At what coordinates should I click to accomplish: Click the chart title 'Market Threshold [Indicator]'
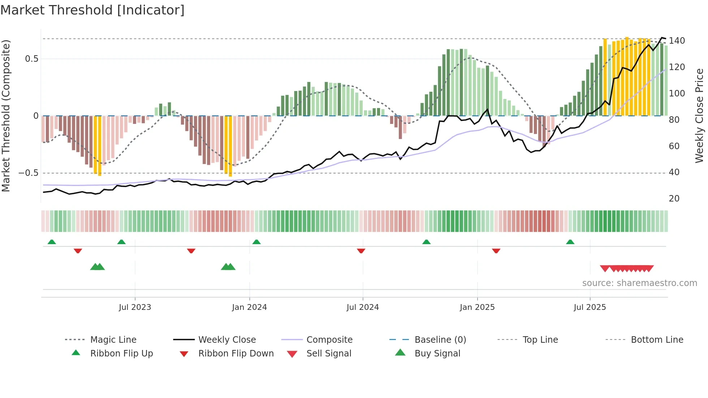coord(92,10)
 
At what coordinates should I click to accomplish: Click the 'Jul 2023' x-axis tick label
coord(135,307)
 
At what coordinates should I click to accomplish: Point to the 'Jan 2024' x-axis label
coord(249,307)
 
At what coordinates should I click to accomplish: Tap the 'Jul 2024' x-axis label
coord(363,307)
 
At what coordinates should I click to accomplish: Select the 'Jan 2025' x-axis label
coord(477,307)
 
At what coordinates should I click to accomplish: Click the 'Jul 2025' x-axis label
coord(590,307)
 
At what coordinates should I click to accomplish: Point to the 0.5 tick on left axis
coord(32,59)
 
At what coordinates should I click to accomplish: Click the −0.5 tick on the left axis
coord(29,173)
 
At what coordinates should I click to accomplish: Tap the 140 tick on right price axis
coord(677,41)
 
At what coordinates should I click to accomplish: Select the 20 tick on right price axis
coord(674,199)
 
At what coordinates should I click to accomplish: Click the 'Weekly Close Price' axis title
coord(699,116)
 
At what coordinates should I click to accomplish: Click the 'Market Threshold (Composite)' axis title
coord(6,116)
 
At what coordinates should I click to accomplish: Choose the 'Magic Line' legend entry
coord(113,340)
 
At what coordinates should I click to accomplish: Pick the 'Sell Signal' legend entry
coord(329,354)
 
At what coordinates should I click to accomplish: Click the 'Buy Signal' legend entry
coord(437,354)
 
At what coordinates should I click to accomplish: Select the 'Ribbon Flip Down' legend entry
coord(236,354)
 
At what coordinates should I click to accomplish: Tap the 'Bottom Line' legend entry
coord(657,340)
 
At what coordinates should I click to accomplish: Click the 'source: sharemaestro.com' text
coord(639,283)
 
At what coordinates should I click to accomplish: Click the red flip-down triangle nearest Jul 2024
coord(361,251)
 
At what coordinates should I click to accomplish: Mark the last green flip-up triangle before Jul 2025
coord(570,242)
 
